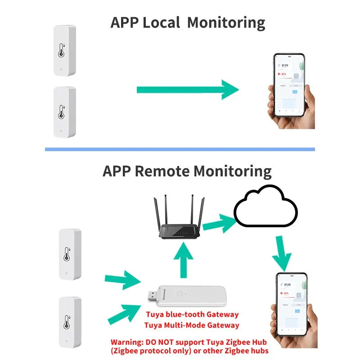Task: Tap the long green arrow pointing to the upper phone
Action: (187, 90)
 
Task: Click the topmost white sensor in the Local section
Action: (64, 50)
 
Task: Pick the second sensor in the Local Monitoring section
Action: (64, 112)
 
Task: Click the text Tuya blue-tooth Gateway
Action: (192, 315)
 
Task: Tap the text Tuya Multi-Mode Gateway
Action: (192, 325)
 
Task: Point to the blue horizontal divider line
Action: (180, 149)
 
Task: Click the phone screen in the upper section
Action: (289, 85)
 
